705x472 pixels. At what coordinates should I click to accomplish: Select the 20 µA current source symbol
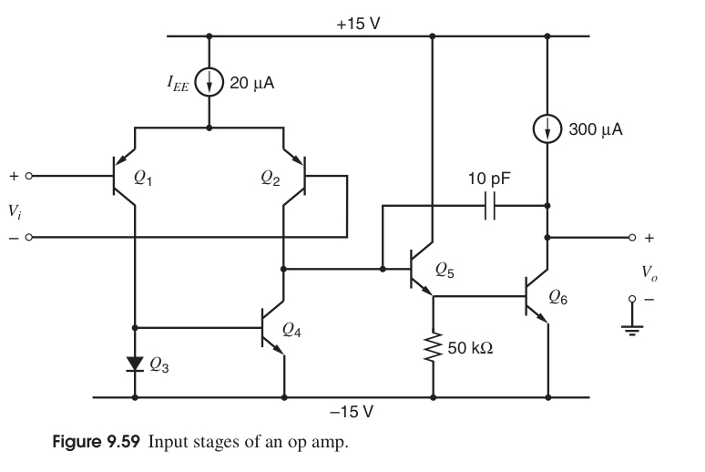[209, 83]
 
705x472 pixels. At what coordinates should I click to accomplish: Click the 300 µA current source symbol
[547, 129]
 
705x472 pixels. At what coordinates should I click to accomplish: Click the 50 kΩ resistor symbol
[433, 346]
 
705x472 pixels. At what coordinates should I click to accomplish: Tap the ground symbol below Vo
[628, 329]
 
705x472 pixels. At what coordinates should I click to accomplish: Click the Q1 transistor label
[145, 179]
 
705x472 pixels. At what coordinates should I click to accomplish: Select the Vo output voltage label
[648, 272]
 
